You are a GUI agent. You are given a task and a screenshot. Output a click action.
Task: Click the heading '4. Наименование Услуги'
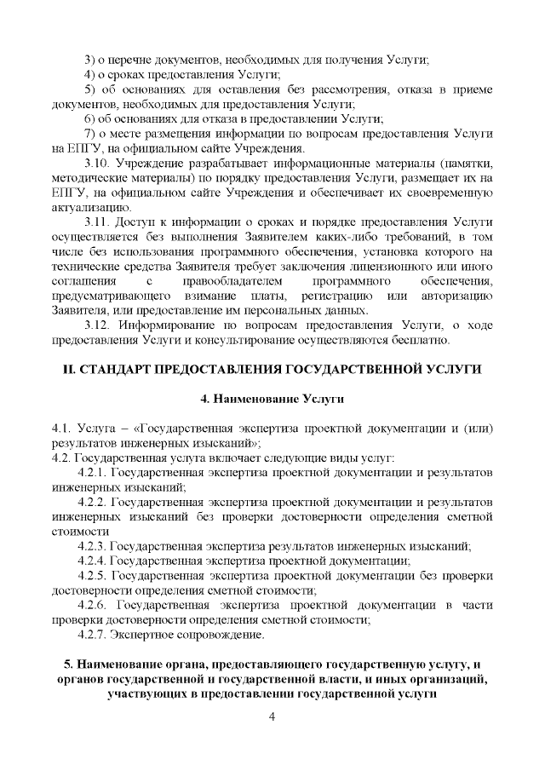272,398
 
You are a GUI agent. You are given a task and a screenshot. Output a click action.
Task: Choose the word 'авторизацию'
456,295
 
